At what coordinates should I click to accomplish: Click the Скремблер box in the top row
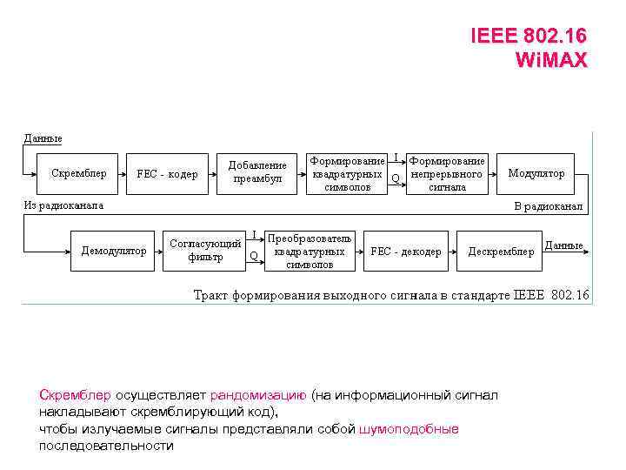point(79,173)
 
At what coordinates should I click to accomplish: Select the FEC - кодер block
point(167,174)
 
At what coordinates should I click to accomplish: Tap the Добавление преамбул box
point(257,172)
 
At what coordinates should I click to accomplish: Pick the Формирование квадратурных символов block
point(347,174)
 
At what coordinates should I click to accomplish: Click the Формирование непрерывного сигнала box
point(447,174)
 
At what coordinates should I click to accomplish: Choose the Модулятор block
point(536,173)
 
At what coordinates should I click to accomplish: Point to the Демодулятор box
point(114,251)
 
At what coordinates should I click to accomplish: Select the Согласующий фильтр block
point(205,251)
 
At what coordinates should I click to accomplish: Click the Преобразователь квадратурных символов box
point(310,251)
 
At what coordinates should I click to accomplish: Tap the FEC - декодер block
point(406,252)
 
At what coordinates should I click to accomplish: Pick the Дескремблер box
point(501,252)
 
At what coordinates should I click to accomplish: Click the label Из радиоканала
point(63,206)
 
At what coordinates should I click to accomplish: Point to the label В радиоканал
point(549,206)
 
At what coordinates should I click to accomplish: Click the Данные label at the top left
point(43,138)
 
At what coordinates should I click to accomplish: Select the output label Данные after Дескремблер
point(563,245)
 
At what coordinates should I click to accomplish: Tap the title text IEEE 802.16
point(528,37)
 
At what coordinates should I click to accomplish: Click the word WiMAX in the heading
point(551,60)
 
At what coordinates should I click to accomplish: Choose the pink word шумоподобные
point(409,429)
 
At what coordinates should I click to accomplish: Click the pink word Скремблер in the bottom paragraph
point(75,395)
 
